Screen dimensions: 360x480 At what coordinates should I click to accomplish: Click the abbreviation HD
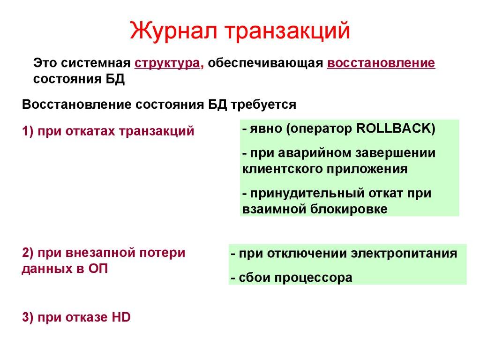click(x=121, y=317)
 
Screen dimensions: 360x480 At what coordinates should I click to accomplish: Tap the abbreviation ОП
click(x=98, y=269)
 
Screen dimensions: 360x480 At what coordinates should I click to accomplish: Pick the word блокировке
click(x=349, y=209)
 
